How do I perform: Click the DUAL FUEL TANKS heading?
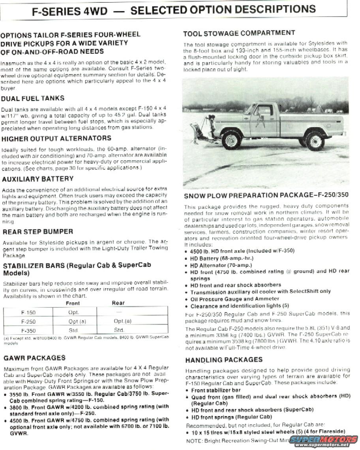(x=33, y=98)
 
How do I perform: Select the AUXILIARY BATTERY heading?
(x=37, y=179)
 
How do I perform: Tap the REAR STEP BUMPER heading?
(x=38, y=232)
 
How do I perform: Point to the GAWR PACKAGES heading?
(x=34, y=358)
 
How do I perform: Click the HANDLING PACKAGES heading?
(x=224, y=360)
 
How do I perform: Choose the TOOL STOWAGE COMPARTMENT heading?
(x=239, y=33)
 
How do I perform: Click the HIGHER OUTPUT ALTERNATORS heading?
(x=56, y=139)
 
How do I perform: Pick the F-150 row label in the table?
(x=28, y=312)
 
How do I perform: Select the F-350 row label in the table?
(x=28, y=330)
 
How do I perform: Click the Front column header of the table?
(x=73, y=303)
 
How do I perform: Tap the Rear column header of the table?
(x=118, y=303)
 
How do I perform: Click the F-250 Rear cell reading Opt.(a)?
(x=122, y=321)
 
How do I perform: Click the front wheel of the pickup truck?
(x=231, y=139)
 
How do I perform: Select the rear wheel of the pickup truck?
(x=315, y=141)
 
